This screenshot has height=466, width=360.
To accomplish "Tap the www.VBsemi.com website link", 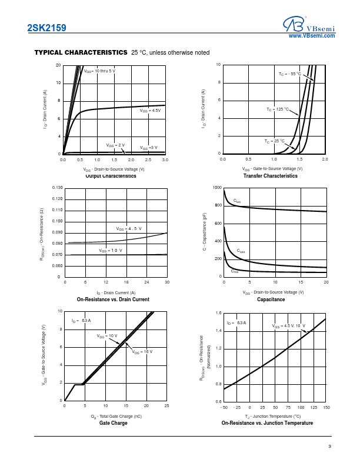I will (312, 36).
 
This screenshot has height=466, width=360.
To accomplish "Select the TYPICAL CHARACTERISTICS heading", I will (81, 52).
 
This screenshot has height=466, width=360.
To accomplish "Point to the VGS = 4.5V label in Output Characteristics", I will (150, 111).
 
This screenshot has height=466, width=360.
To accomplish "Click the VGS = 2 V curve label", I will (115, 145).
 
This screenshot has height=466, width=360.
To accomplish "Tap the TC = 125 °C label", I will (278, 109).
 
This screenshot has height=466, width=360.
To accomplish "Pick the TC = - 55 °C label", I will (289, 74).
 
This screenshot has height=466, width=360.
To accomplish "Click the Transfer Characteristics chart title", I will (271, 176).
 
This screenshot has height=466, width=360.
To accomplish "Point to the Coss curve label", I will (241, 251).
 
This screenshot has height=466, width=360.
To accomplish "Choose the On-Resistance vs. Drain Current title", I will (113, 299).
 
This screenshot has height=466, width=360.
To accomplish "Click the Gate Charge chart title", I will (113, 423).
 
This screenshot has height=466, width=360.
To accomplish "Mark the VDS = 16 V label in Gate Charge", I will (142, 351).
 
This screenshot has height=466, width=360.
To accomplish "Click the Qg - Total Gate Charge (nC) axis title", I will (116, 416).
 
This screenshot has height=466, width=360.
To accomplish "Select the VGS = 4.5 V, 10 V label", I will (289, 325).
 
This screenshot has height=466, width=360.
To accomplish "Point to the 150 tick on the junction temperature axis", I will (326, 407).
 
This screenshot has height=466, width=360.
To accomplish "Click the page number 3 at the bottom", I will (330, 447).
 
